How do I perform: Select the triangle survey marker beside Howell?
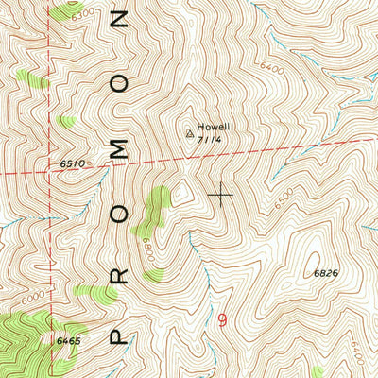point(190,133)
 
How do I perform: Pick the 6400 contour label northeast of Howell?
point(269,67)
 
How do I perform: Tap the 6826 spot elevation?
point(326,272)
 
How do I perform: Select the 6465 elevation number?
point(68,337)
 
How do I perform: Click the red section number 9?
point(222,320)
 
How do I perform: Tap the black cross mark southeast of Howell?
point(221,195)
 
